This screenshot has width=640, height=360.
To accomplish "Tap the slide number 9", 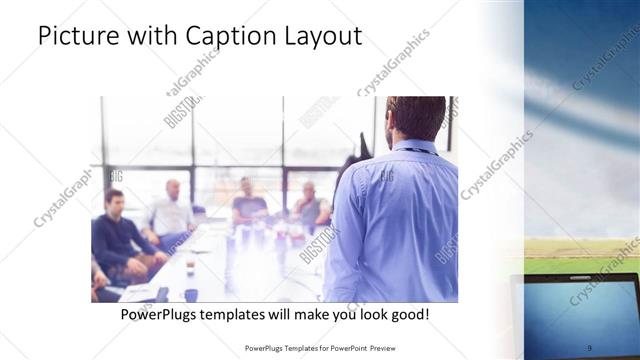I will point(589,347).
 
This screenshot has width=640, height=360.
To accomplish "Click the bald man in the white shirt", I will point(172,213).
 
